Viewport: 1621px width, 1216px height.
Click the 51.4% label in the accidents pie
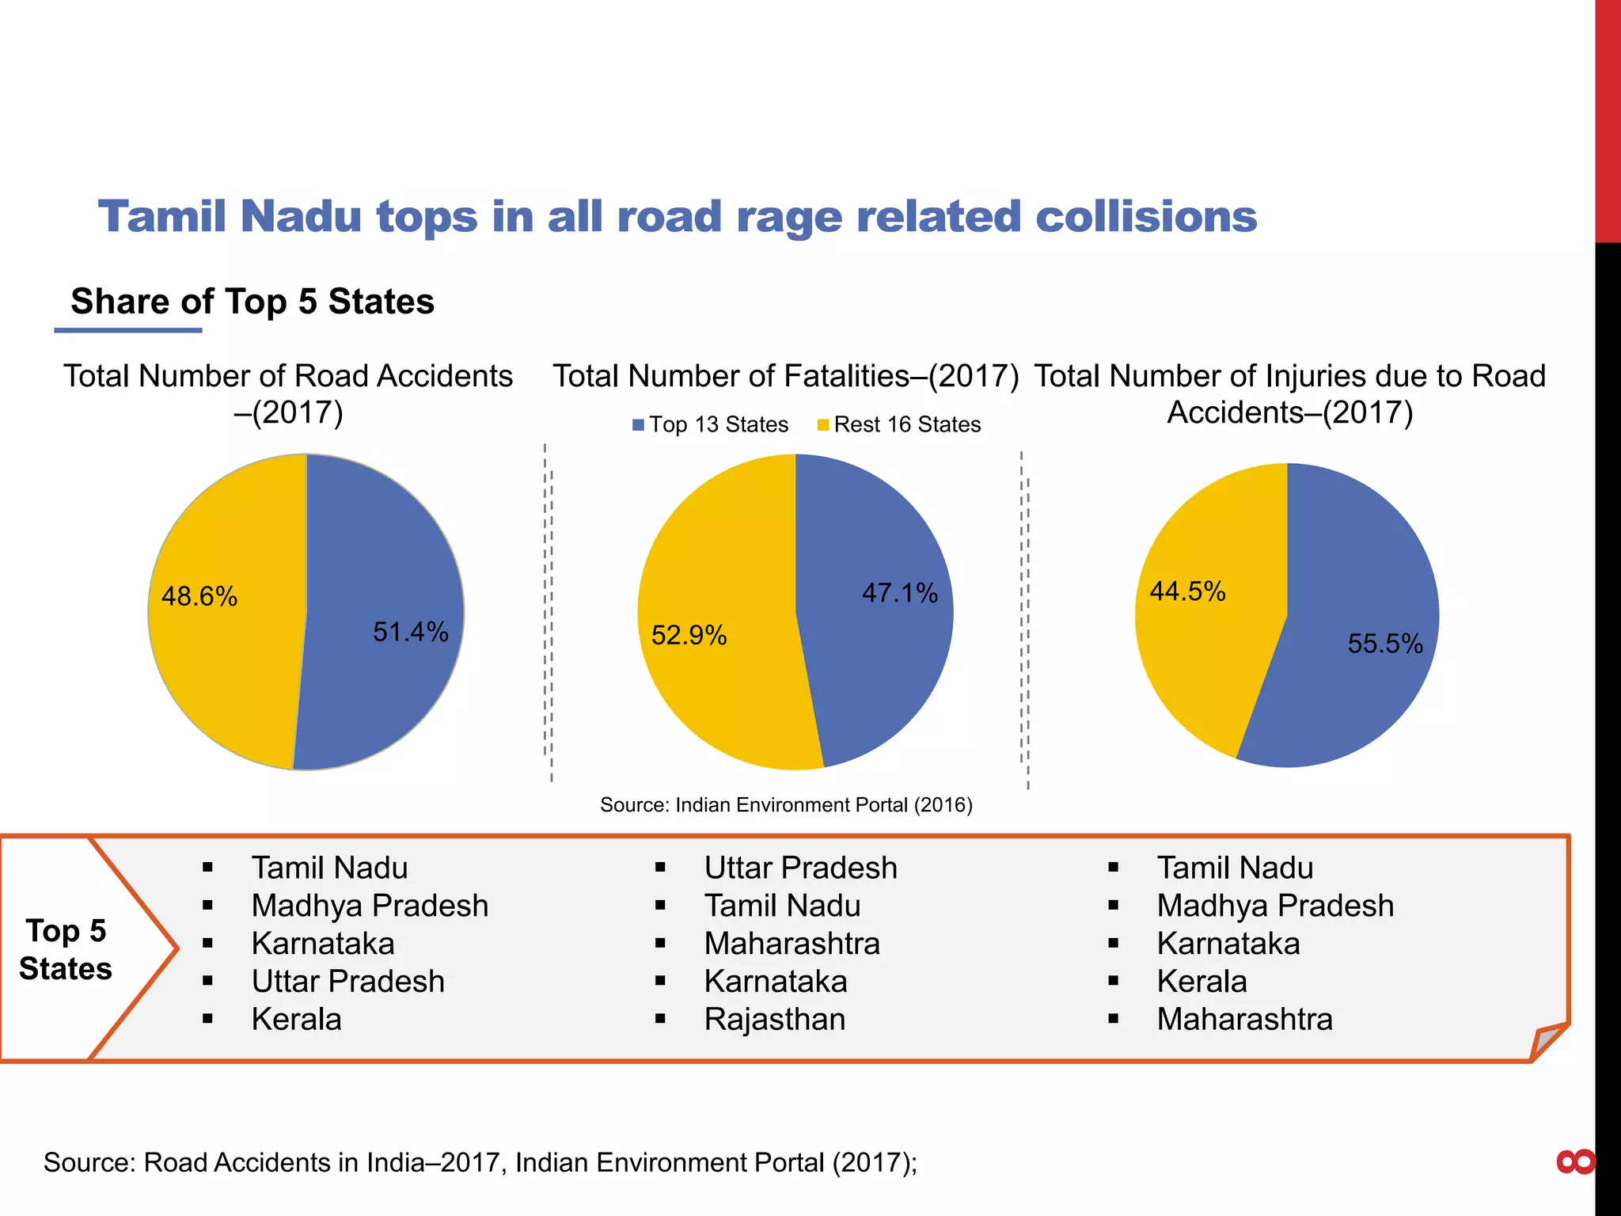(410, 632)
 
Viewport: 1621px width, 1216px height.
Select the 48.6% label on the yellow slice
(199, 596)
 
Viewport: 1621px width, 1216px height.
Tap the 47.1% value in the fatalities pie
(899, 593)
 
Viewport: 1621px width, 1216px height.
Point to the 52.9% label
(689, 635)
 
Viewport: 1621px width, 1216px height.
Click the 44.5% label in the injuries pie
(1187, 591)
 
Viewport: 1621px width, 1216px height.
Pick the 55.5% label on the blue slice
(1385, 644)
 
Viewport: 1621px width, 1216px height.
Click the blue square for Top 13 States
(638, 425)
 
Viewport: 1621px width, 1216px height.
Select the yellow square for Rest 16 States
(823, 425)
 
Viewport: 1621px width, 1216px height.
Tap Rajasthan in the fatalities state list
(774, 1019)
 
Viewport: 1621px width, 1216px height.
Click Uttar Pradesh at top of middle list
(800, 868)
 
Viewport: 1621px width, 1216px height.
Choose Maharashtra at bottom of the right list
(1244, 1019)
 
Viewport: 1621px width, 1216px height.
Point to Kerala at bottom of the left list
(296, 1019)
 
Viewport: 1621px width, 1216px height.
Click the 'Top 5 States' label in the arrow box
(66, 949)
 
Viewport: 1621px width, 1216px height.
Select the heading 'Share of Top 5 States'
(252, 302)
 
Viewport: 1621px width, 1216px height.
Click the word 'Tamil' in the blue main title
(164, 216)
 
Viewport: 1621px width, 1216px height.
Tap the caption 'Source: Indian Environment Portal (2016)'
(786, 805)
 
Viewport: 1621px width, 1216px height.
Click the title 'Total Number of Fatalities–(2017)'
(785, 376)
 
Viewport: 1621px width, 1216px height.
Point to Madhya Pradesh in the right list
(1274, 906)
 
